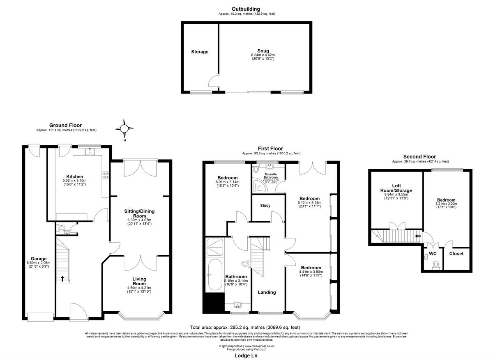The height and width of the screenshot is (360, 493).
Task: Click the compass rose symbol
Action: pos(124,129)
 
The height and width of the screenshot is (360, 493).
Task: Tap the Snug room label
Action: pos(263,51)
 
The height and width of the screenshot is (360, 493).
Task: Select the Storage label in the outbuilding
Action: pos(200,52)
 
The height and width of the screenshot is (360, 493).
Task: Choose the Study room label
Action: pos(265,205)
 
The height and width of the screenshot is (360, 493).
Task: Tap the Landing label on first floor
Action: pos(267,292)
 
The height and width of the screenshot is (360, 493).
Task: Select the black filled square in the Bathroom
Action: pos(213,303)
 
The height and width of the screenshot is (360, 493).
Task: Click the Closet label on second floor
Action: pos(456,254)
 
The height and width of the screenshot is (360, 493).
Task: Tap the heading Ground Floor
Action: pos(65,125)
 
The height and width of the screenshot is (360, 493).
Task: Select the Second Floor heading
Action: pos(419,156)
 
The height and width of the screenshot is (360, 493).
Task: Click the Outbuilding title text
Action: pos(246,9)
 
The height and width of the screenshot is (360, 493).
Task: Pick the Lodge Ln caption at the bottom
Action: pos(246,356)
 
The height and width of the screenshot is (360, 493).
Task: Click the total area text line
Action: pos(246,327)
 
